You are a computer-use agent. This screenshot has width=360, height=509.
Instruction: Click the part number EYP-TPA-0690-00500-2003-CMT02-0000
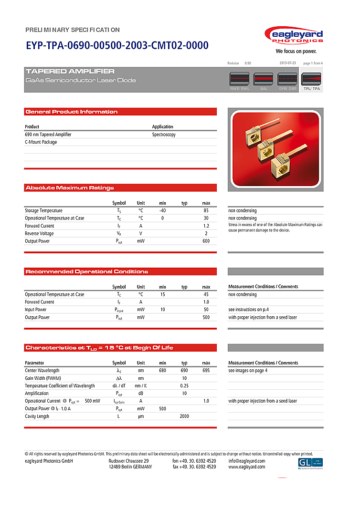(x=117, y=46)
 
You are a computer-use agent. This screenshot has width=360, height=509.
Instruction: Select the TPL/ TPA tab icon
(x=311, y=79)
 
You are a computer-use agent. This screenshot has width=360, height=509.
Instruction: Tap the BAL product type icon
(x=264, y=79)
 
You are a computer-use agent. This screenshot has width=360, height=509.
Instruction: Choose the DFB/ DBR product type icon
(x=287, y=79)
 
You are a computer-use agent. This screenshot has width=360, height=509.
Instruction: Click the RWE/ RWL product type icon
(x=240, y=79)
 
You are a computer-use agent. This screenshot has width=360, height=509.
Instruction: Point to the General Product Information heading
(x=72, y=112)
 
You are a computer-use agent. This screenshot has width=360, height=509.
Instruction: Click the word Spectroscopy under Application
(x=164, y=135)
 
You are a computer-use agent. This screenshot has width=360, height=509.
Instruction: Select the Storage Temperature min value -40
(x=162, y=210)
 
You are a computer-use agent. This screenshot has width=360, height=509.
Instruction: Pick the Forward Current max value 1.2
(x=206, y=226)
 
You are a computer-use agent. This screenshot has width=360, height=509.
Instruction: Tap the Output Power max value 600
(x=206, y=241)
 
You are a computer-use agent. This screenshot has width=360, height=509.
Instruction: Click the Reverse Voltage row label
(x=39, y=233)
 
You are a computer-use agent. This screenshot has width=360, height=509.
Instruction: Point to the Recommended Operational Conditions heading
(x=87, y=271)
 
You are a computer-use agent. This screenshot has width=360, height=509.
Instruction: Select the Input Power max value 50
(x=206, y=310)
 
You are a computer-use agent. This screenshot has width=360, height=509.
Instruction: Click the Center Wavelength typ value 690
(x=184, y=370)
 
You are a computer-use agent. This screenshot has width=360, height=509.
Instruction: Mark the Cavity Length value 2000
(x=184, y=416)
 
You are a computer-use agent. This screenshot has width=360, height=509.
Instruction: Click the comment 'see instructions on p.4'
(x=252, y=310)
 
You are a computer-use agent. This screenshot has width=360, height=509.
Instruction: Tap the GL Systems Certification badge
(x=310, y=463)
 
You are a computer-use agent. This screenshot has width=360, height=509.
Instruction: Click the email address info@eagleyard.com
(x=246, y=461)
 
